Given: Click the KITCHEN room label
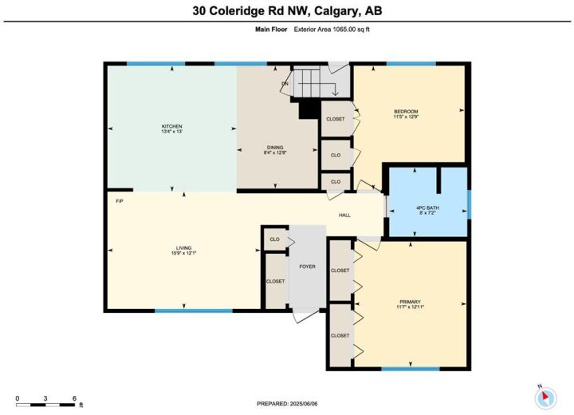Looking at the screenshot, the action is [171, 126].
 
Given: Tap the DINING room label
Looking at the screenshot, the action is [275, 148].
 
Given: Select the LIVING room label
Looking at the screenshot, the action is [184, 248].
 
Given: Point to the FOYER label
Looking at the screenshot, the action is [307, 267].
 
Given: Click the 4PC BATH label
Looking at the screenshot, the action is [427, 207].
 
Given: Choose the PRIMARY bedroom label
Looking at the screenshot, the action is [410, 302].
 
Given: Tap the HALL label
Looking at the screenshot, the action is [344, 215].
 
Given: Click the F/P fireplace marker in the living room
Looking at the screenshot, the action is [120, 201].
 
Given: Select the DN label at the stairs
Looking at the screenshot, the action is [285, 84].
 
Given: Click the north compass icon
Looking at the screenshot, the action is [545, 397].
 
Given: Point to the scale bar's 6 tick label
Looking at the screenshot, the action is [74, 398].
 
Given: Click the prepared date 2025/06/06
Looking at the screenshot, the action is [304, 404].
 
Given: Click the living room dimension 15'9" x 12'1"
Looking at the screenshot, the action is [184, 253].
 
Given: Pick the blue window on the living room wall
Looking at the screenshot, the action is [194, 311].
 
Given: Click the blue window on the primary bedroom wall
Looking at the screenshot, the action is [411, 369].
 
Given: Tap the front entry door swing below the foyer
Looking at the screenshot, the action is [304, 315].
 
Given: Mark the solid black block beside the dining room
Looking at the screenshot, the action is [309, 110].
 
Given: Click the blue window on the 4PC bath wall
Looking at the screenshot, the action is [470, 204].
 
